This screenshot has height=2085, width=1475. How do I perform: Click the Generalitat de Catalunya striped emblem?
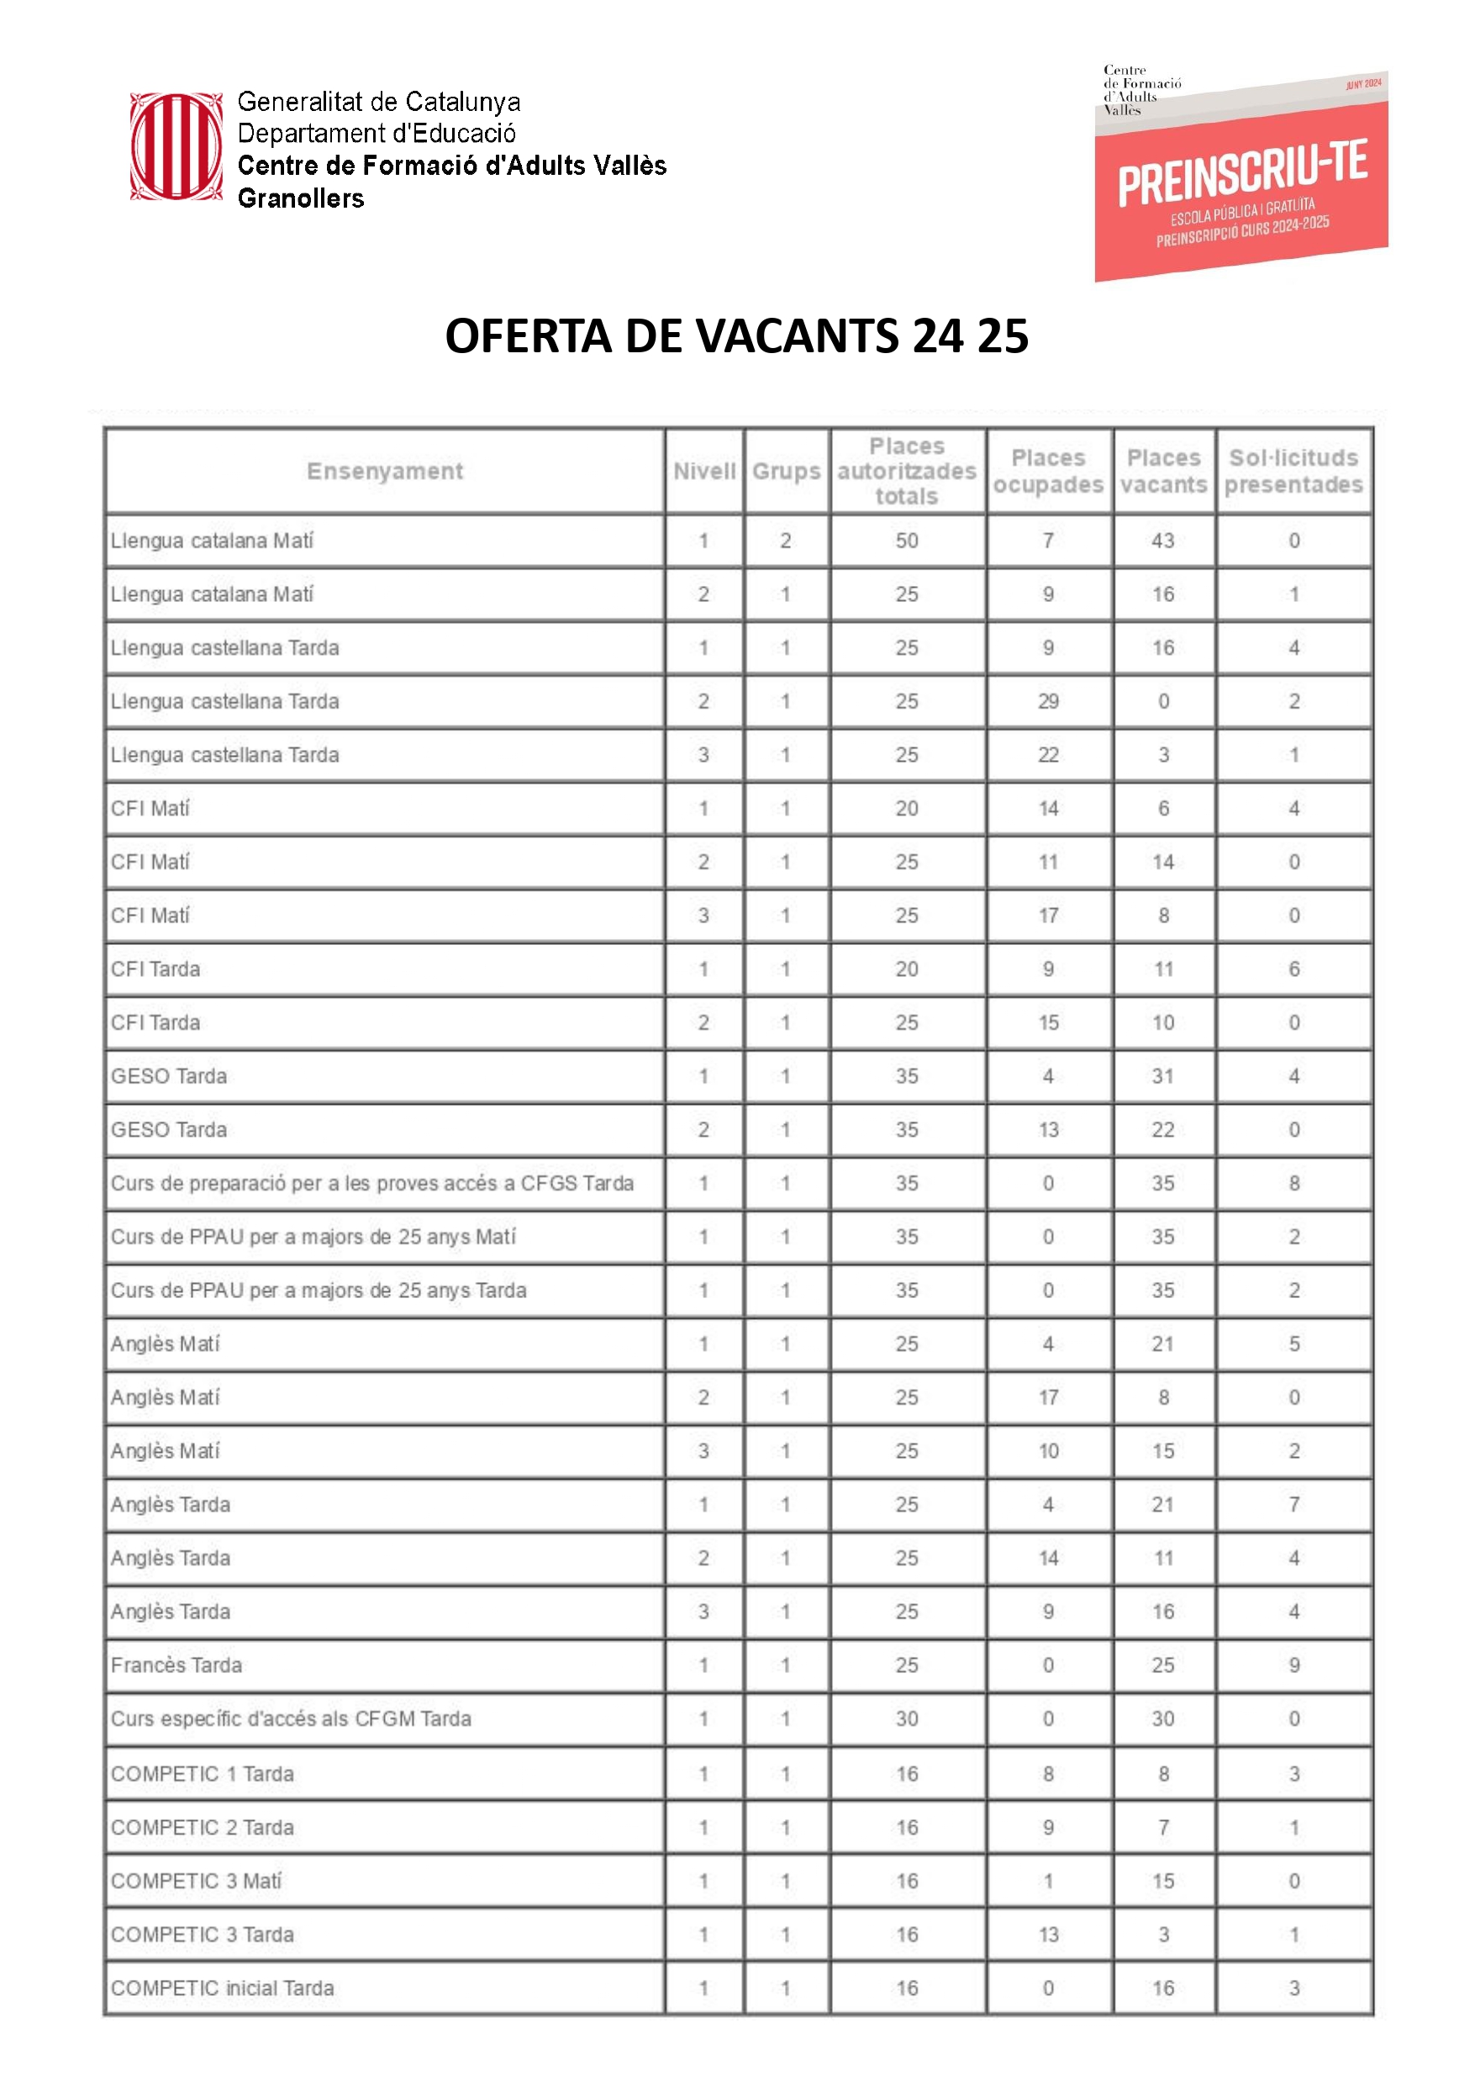[x=176, y=146]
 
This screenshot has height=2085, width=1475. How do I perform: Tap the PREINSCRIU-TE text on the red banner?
[x=1241, y=172]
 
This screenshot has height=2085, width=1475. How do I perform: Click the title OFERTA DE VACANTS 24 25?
[x=736, y=336]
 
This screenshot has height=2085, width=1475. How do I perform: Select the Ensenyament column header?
[x=384, y=471]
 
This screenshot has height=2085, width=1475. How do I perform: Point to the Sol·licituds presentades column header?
[x=1293, y=471]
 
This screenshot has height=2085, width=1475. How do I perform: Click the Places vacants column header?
[x=1163, y=471]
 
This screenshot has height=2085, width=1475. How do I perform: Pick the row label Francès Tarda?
[x=176, y=1665]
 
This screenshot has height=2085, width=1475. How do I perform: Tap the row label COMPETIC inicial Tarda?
[x=222, y=1987]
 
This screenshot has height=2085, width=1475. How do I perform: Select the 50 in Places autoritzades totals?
[x=907, y=541]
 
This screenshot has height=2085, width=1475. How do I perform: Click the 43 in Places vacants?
[x=1162, y=541]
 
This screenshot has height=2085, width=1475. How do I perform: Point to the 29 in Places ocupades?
[x=1048, y=701]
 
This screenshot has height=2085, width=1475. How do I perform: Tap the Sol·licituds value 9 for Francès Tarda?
[x=1294, y=1665]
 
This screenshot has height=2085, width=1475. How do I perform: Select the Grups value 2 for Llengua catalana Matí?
[x=786, y=541]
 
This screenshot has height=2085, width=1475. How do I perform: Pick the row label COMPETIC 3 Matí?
[x=196, y=1881]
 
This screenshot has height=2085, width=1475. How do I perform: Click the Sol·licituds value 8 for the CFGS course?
[x=1294, y=1184]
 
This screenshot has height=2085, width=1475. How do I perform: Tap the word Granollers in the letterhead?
[x=301, y=198]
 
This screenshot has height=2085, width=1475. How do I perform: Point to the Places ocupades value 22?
[x=1048, y=755]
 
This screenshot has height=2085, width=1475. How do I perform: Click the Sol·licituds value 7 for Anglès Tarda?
[x=1294, y=1504]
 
